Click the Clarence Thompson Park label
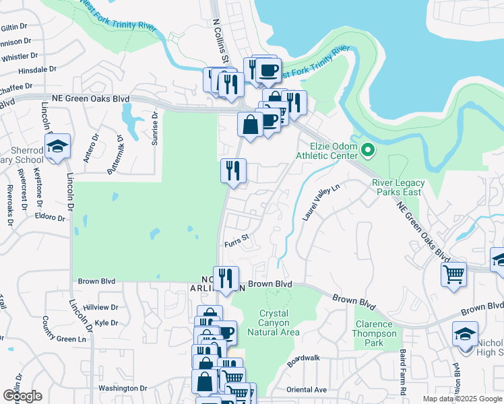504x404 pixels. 378,333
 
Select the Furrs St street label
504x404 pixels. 237,237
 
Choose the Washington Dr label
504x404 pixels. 122,389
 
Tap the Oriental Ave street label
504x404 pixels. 306,390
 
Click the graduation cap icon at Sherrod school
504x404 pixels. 58,146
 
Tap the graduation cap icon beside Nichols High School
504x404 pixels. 466,335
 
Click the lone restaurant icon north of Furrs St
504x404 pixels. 233,170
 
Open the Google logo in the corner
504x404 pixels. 22,396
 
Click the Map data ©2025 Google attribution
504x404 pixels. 462,399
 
